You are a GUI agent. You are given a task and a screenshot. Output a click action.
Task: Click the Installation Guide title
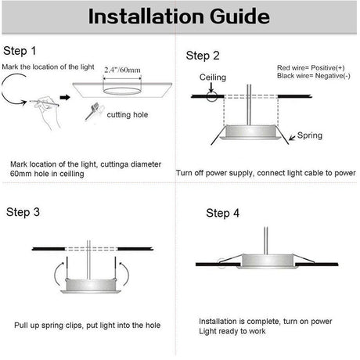pyautogui.click(x=179, y=16)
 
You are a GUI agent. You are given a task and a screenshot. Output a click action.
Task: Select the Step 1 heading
pyautogui.click(x=20, y=51)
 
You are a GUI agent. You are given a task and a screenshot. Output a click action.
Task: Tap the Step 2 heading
pyautogui.click(x=203, y=56)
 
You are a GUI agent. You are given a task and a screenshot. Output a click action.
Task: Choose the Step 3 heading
pyautogui.click(x=23, y=212)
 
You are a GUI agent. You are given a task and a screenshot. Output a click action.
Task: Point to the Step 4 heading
pyautogui.click(x=222, y=213)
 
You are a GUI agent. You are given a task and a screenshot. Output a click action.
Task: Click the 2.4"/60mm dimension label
pyautogui.click(x=122, y=70)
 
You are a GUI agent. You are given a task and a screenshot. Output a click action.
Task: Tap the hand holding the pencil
pyautogui.click(x=47, y=111)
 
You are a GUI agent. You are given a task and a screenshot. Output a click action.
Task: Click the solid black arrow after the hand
pyautogui.click(x=65, y=98)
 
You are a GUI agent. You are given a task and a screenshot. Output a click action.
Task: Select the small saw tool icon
pyautogui.click(x=94, y=111)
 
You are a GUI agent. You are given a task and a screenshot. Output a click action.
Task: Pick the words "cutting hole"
pyautogui.click(x=128, y=115)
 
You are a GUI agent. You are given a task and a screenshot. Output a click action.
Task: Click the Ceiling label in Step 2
pyautogui.click(x=213, y=77)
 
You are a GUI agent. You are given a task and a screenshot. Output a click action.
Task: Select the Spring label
pyautogui.click(x=310, y=135)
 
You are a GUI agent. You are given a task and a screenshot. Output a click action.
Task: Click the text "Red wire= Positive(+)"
pyautogui.click(x=311, y=68)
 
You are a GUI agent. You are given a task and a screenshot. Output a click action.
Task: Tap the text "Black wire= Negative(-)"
pyautogui.click(x=314, y=76)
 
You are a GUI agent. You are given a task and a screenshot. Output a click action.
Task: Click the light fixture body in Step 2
pyautogui.click(x=250, y=132)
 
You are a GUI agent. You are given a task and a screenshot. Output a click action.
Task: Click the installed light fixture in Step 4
pyautogui.click(x=267, y=261)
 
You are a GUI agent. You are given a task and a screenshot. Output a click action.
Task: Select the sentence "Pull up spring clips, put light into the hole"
pyautogui.click(x=87, y=326)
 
